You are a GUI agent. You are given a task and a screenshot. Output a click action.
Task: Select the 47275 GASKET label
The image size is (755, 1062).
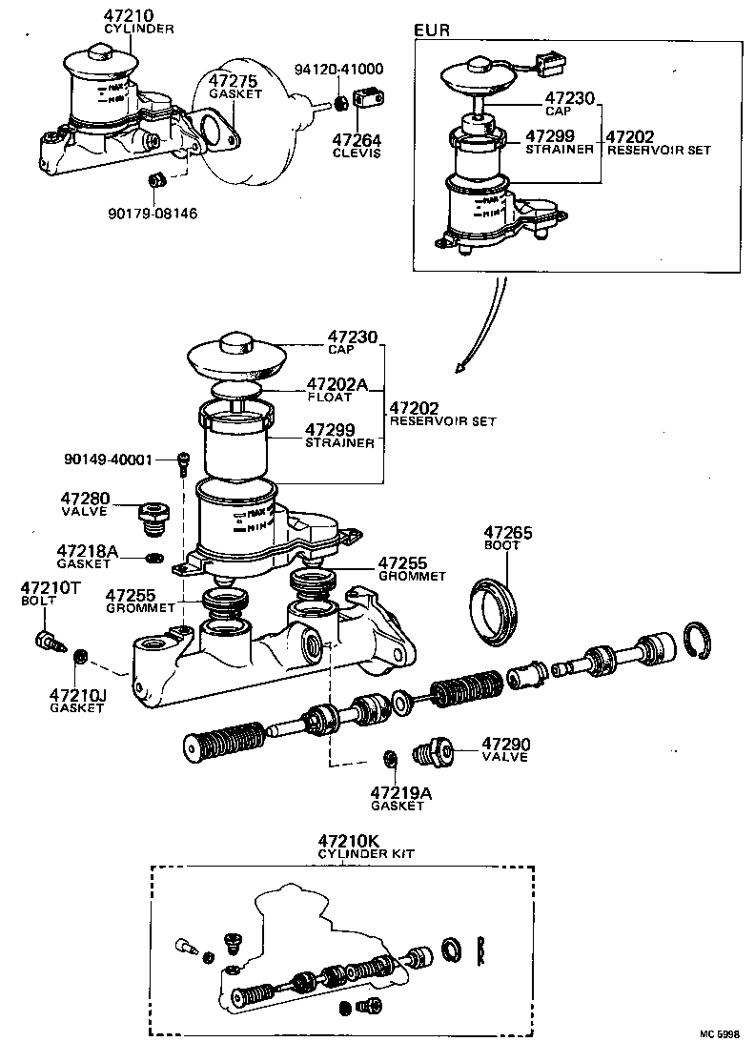235,88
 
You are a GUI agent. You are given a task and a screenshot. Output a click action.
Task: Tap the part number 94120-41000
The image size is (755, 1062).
338,70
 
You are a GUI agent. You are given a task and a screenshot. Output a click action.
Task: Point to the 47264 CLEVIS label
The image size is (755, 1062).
357,145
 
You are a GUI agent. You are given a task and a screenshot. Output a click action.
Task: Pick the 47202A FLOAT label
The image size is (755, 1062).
337,390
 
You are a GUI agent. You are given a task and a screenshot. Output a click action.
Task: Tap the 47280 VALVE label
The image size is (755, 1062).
85,504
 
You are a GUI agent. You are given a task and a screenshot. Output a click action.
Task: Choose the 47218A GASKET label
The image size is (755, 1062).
87,557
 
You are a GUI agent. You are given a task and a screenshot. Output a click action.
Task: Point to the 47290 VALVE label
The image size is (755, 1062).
505,749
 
